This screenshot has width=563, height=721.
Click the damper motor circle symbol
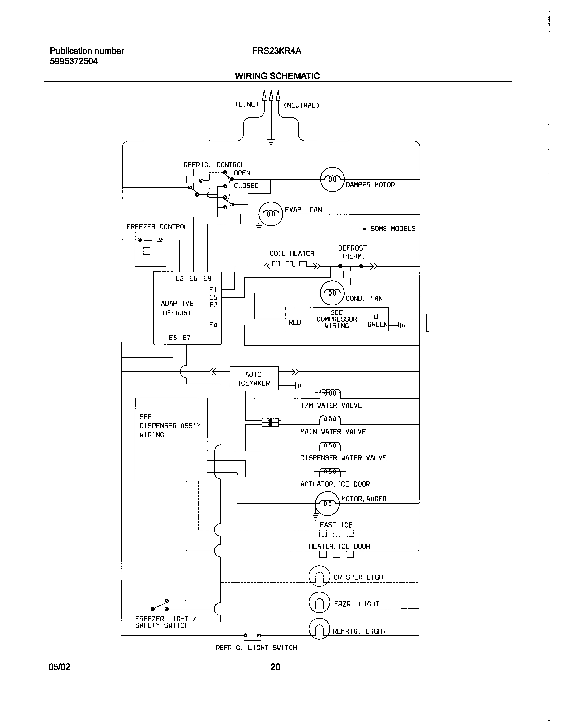tap(333, 179)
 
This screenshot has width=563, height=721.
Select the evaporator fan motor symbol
tap(271, 214)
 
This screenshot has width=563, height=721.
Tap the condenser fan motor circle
tap(332, 293)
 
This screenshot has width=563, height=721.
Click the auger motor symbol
tap(327, 503)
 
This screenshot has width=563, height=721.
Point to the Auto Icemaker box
tap(254, 379)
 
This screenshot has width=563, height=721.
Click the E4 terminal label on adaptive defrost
tap(213, 325)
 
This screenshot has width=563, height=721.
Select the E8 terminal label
tap(173, 338)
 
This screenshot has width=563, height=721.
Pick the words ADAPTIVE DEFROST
tap(177, 308)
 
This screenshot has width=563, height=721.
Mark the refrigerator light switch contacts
tap(252, 635)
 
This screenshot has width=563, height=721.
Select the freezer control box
tap(150, 249)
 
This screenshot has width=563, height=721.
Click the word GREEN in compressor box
tap(377, 324)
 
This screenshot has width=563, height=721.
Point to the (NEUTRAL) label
tap(301, 105)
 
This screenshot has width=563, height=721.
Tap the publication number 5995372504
tap(74, 61)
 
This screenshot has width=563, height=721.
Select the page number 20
tap(275, 667)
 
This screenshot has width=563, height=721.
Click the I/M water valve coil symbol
tap(330, 393)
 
